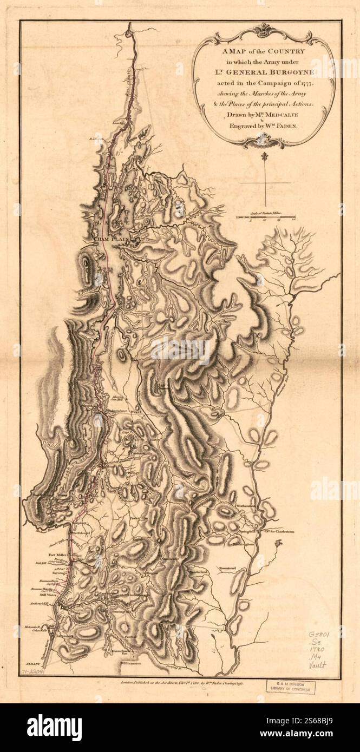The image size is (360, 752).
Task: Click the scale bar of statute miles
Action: coord(265,217)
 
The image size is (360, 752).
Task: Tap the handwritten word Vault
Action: coord(319,665)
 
